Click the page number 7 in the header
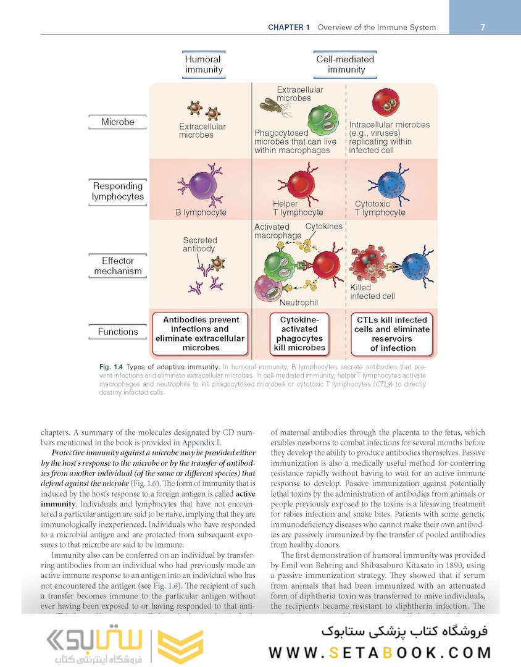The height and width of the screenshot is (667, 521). (x=482, y=27)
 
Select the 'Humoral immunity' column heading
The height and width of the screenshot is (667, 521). (x=204, y=65)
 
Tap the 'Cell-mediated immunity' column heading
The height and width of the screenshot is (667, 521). (x=346, y=65)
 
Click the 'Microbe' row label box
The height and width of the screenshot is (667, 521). (x=118, y=122)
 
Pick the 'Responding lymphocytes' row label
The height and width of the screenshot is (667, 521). (x=118, y=191)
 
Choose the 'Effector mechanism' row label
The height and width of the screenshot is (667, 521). (x=118, y=266)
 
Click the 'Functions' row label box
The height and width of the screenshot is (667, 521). (x=118, y=332)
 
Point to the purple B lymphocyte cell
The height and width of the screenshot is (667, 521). (x=198, y=186)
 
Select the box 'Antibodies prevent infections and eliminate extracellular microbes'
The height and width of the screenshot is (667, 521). (x=200, y=334)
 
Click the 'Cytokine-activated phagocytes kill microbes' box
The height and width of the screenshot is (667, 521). (x=299, y=334)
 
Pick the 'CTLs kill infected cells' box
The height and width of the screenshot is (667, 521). (x=393, y=334)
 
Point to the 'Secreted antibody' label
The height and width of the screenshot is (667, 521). (x=200, y=245)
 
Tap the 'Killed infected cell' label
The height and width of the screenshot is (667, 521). (x=372, y=292)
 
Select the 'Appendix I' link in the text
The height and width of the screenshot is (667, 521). (x=198, y=442)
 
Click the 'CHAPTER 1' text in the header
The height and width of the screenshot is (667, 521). (x=289, y=27)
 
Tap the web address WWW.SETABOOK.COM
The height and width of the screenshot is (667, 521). (x=380, y=652)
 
